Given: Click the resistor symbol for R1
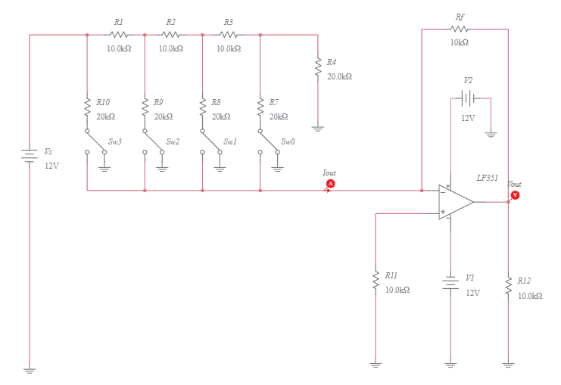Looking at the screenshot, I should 119,35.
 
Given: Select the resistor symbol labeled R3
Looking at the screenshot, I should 229,35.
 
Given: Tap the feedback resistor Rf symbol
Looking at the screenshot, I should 460,29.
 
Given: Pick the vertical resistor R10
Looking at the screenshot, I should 87,108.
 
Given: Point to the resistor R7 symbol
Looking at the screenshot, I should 260,108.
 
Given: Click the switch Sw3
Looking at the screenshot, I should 95,141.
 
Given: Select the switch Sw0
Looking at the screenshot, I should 269,141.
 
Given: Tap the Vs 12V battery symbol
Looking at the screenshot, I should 30,155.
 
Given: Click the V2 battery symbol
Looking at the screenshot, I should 469,98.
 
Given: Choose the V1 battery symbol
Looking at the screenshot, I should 450,284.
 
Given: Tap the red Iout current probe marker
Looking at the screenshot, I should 330,184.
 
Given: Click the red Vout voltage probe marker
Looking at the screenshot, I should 515,195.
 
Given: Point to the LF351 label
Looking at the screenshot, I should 487,178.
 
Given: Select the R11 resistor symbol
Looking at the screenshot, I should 376,281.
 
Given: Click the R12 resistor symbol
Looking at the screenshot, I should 508,285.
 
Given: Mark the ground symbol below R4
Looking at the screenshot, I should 318,129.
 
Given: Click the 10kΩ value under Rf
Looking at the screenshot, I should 459,42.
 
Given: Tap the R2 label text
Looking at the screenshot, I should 170,22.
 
